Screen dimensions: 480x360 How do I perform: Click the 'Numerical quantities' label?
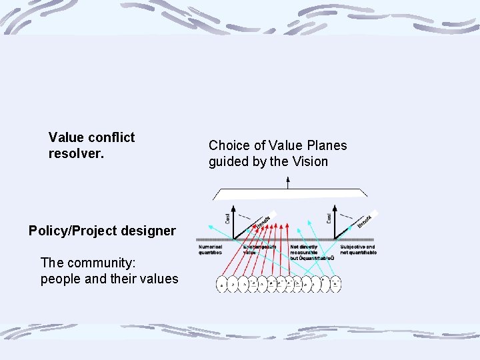click(x=211, y=249)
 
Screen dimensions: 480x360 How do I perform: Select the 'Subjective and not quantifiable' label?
click(x=358, y=249)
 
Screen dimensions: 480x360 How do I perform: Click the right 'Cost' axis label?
click(x=329, y=217)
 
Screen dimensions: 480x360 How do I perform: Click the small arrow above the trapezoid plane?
click(x=288, y=181)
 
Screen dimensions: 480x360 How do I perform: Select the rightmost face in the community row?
click(x=336, y=283)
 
